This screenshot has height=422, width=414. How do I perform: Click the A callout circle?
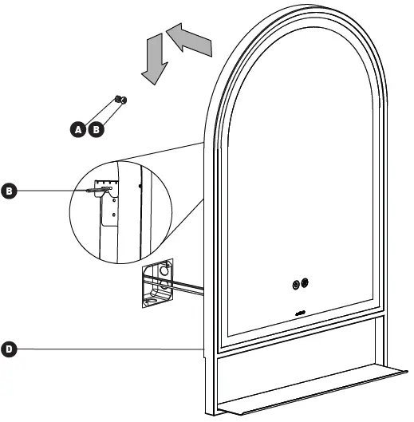[x=78, y=128]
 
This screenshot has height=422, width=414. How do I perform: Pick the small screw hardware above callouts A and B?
[x=120, y=100]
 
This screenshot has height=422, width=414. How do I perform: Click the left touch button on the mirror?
[x=297, y=283]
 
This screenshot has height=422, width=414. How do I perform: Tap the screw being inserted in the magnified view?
[x=89, y=191]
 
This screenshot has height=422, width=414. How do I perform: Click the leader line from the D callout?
[x=104, y=349]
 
